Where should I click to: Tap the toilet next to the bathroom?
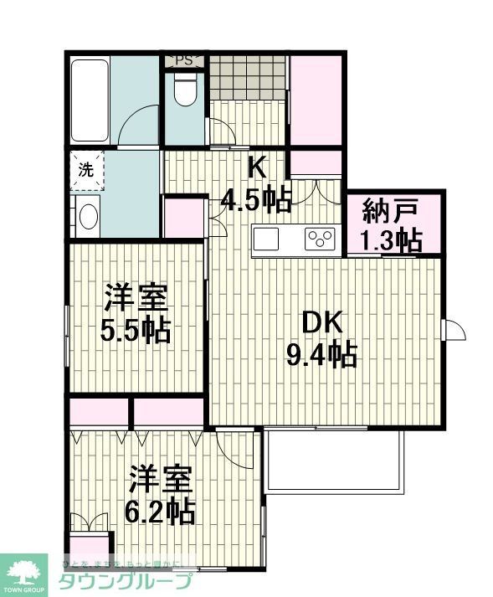coord(184,90)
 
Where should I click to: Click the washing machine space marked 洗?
coord(86,169)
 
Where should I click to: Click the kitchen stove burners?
coord(320,239)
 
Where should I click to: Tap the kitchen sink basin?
coord(267,238)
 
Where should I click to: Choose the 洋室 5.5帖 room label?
coord(136,314)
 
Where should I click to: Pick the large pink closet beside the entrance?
coord(315,100)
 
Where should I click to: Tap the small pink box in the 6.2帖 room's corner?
coord(88,543)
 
